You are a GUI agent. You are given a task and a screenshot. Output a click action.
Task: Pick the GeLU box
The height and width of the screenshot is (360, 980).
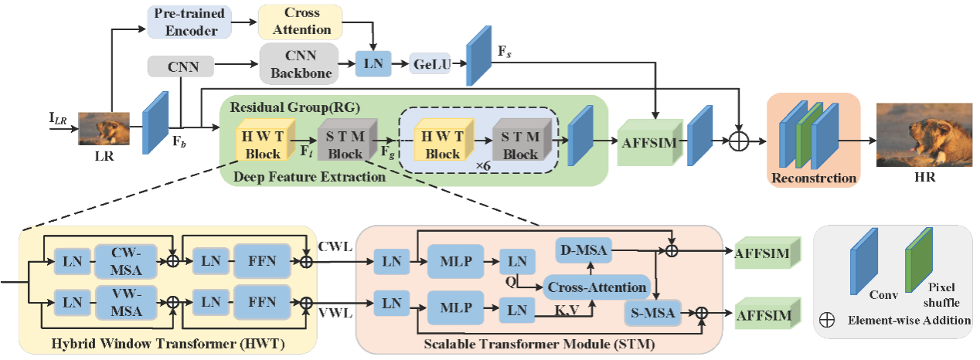(430, 64)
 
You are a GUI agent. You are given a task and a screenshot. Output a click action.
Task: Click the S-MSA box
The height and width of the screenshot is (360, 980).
(651, 314)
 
